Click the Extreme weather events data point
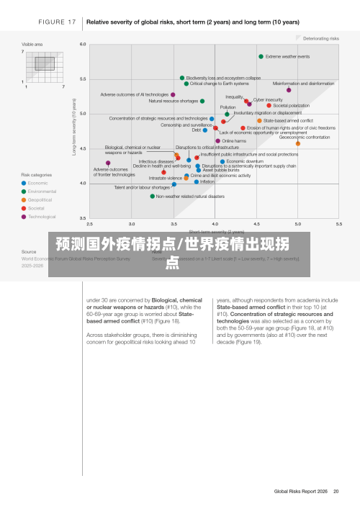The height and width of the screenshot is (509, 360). [x=261, y=56]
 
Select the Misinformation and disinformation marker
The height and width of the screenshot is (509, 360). [x=289, y=90]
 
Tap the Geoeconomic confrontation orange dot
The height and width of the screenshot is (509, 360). [x=298, y=143]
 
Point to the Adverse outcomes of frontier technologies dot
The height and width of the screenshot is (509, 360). [x=108, y=163]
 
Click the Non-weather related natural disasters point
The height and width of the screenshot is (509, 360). [x=153, y=196]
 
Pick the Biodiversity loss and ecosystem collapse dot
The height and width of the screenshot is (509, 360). [x=182, y=78]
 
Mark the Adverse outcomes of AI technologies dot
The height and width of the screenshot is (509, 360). [x=173, y=94]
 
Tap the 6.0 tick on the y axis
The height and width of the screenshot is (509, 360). [x=82, y=45]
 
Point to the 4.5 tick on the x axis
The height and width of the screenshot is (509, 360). [x=256, y=225]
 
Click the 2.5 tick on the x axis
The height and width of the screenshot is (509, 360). [x=89, y=225]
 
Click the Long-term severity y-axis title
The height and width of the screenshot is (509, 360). [x=74, y=127]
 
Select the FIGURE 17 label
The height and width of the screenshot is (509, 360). [x=57, y=22]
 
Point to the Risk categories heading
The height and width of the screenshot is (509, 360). [x=36, y=175]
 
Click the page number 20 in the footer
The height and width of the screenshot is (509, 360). [x=336, y=492]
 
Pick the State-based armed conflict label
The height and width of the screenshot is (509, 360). [x=288, y=120]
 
